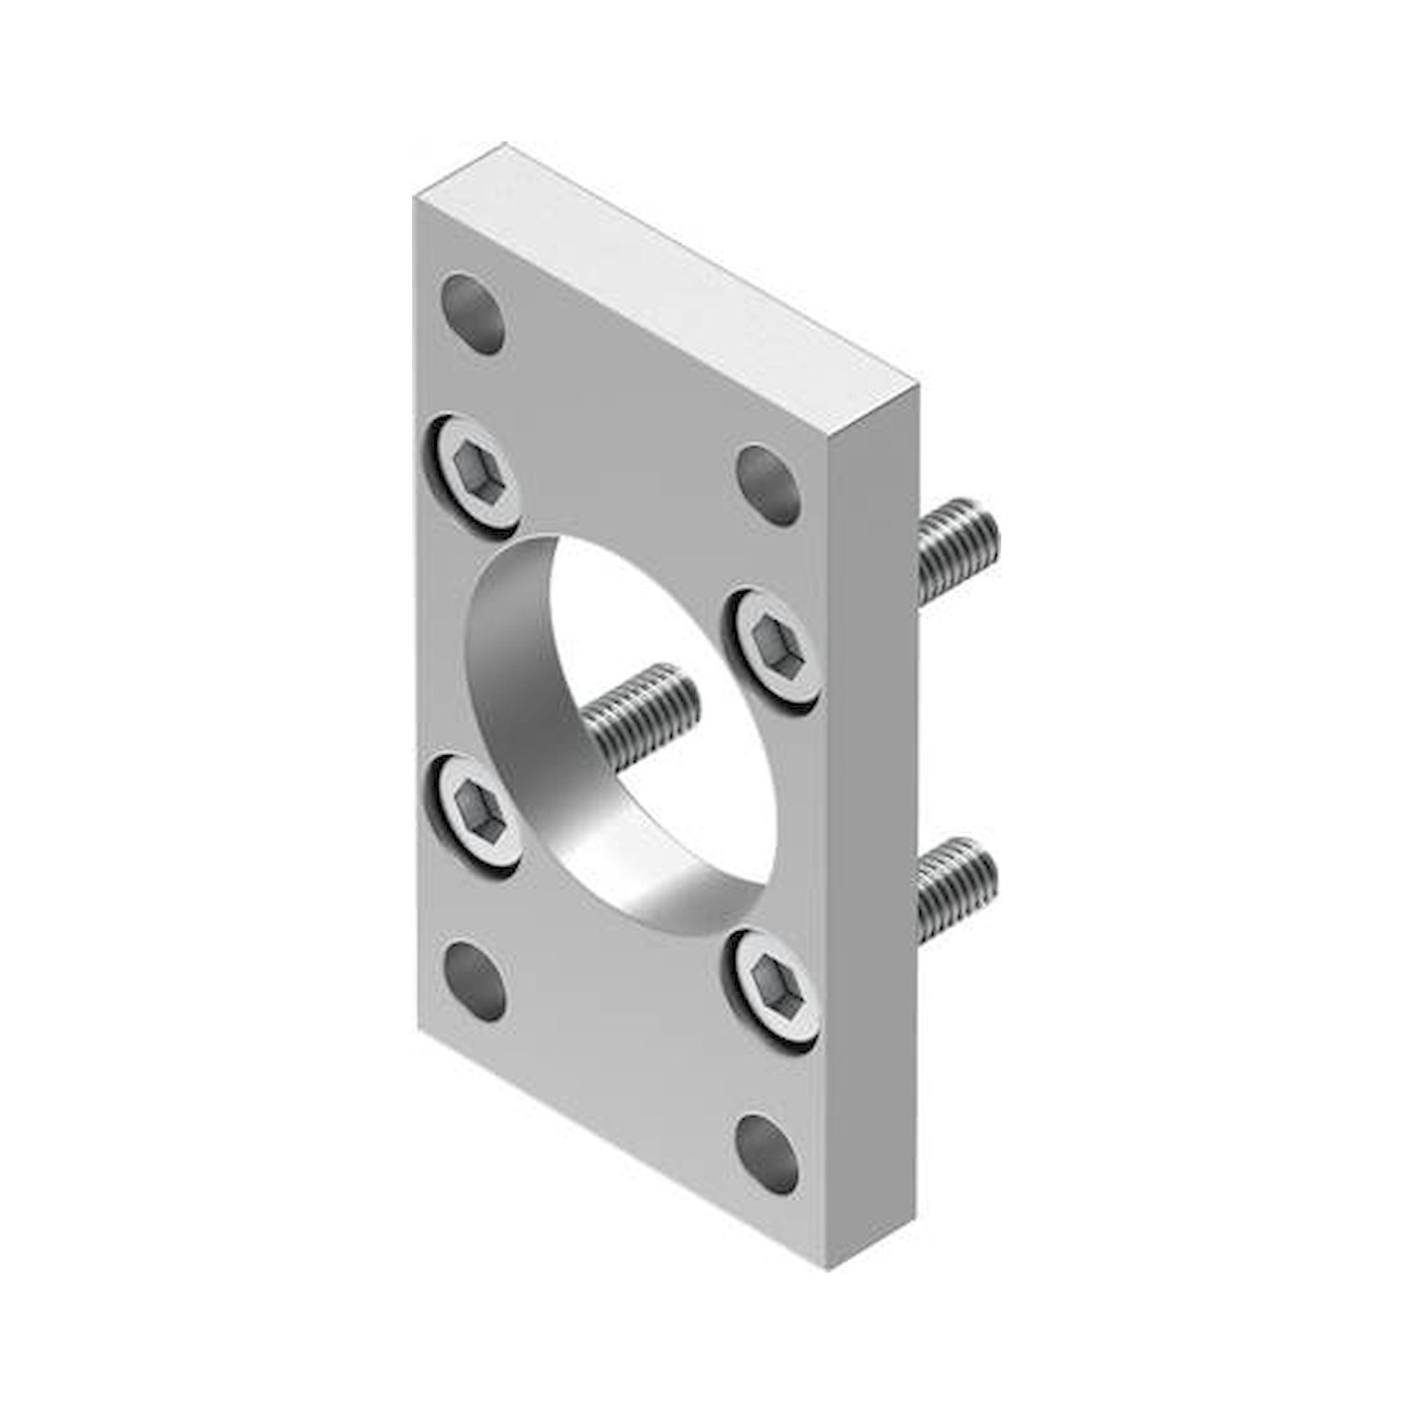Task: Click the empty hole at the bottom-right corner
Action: pos(766,1156)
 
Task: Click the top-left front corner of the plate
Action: pos(415,198)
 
